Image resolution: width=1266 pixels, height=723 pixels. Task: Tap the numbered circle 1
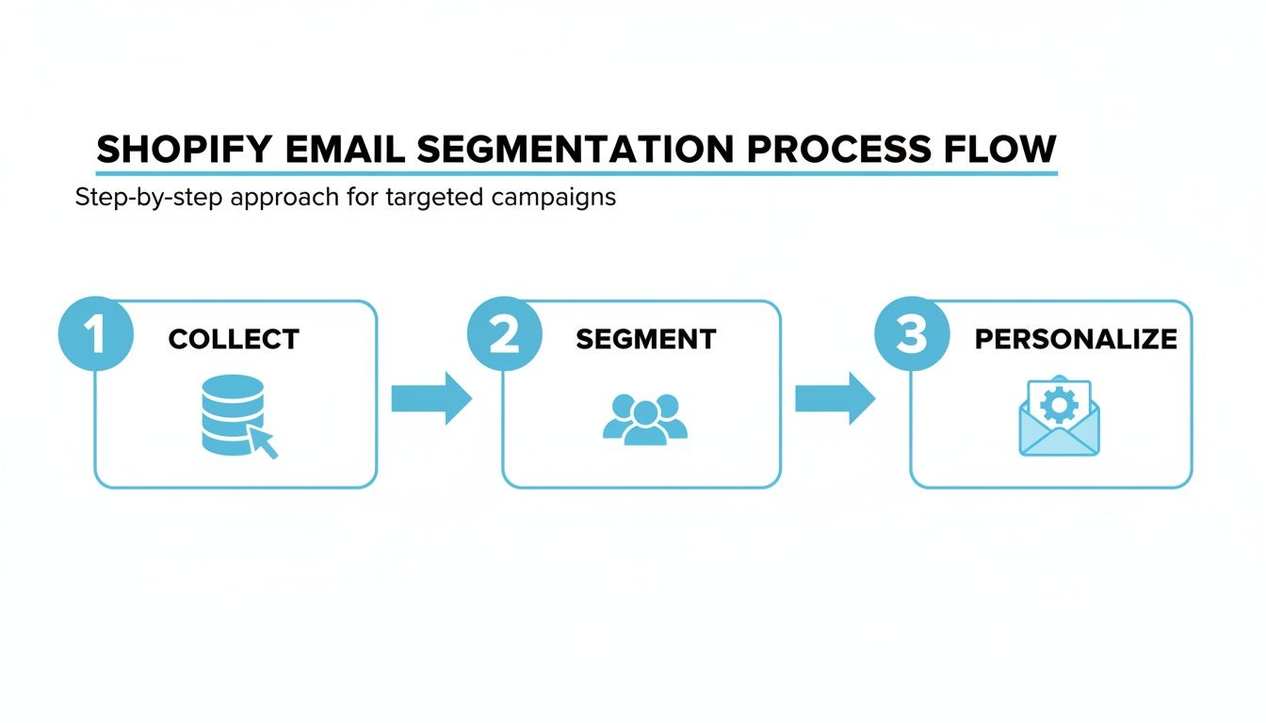pos(94,335)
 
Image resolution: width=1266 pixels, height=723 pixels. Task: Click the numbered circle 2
pos(504,335)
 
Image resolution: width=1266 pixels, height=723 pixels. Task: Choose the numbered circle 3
pos(911,335)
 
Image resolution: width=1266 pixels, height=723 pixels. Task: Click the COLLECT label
pos(234,340)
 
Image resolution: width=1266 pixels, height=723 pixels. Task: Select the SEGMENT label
pos(646,340)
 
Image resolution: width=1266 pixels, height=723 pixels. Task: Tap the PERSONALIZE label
pos(1076,340)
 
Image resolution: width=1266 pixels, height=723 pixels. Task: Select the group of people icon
pos(645,419)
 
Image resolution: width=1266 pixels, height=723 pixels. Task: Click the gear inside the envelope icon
pos(1060,406)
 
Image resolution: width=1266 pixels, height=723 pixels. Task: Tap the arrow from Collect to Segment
pos(431,398)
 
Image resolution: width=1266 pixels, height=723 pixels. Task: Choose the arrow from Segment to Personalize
pos(836,398)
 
